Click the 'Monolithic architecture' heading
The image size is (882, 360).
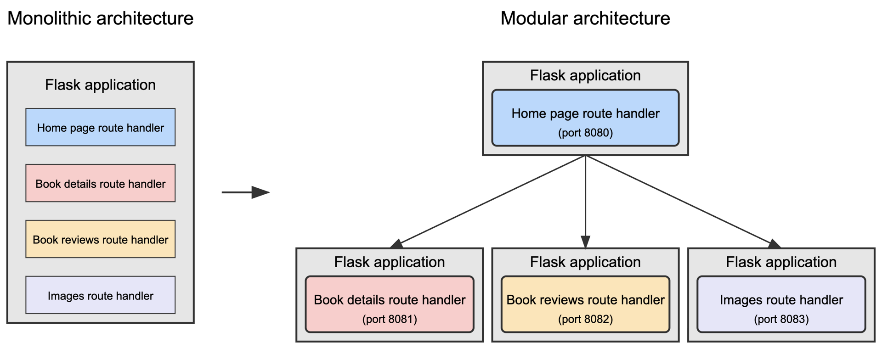100,19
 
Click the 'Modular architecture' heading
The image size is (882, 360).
585,19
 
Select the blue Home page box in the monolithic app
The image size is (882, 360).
100,128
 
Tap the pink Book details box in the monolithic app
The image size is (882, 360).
100,184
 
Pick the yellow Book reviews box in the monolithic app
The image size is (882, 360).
100,240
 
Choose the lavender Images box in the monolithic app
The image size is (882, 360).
100,296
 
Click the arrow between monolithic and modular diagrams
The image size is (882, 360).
245,192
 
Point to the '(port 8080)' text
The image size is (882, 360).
585,133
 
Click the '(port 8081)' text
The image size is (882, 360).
390,319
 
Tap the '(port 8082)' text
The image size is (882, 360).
585,319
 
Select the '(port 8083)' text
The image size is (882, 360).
781,319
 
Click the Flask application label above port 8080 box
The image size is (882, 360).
585,75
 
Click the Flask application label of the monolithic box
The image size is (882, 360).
100,85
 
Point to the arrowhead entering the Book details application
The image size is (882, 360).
396,244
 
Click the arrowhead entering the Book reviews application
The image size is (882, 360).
585,242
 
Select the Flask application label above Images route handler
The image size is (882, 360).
781,262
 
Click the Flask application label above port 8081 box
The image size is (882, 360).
390,262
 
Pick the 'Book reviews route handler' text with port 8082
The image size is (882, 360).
585,300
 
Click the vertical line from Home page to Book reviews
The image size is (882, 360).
585,197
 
